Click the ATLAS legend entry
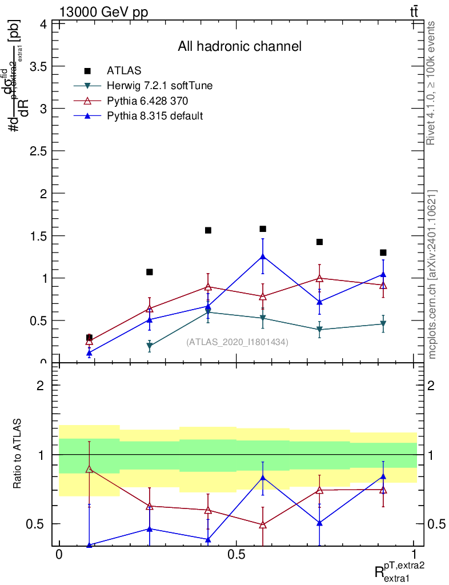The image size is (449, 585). (x=124, y=71)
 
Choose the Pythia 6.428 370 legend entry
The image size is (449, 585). (x=147, y=101)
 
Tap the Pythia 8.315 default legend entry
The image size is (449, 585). (x=155, y=116)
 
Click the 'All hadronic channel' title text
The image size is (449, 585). (x=239, y=46)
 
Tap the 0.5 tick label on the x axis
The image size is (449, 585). (x=236, y=556)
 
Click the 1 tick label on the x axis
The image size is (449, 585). (x=414, y=556)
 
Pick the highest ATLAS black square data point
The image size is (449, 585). (x=263, y=229)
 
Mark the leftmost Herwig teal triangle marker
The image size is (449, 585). (x=149, y=346)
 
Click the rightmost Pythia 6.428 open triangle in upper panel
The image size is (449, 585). (x=383, y=285)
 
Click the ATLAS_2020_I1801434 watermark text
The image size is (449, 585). (x=237, y=342)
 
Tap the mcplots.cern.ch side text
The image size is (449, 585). (x=432, y=274)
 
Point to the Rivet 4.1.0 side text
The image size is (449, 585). (x=432, y=83)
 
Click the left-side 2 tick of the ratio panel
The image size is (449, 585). (x=41, y=386)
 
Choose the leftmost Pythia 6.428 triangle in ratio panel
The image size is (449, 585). (x=89, y=469)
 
